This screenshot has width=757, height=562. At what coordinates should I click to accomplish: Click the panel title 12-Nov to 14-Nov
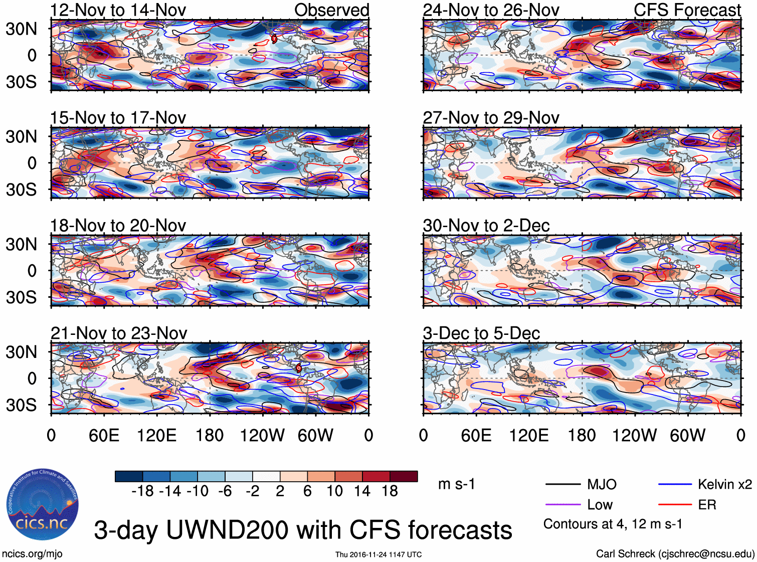pos(118,10)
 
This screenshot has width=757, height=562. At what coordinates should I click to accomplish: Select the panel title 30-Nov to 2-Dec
pos(486,226)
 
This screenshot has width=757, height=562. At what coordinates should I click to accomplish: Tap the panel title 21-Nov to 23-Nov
pos(119,333)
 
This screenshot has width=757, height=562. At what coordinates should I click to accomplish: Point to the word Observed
pos(331,10)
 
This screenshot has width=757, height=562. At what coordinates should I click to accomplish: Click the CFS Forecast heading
pos(687,10)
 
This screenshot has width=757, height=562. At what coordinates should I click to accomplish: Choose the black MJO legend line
pos(562,484)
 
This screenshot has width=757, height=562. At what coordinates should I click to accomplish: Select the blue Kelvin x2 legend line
pos(675,484)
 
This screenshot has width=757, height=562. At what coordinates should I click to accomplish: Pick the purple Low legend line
pos(562,504)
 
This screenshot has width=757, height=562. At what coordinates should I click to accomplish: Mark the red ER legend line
pos(675,504)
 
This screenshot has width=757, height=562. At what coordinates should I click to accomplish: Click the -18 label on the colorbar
pos(142,491)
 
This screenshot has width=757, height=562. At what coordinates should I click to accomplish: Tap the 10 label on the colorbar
pos(335,491)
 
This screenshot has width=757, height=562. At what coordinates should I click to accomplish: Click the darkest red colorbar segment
pos(404,476)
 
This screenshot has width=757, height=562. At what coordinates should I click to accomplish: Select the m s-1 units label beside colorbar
pos(456,484)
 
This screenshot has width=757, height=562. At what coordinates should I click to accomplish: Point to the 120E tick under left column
pos(156,435)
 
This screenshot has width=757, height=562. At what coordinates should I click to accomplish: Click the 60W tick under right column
pos(687,435)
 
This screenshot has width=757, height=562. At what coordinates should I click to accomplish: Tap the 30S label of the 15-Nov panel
pos(21,190)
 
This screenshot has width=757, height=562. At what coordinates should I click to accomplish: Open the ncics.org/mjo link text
pos(32,554)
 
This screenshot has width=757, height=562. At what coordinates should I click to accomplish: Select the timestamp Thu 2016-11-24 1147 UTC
pos(379,554)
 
